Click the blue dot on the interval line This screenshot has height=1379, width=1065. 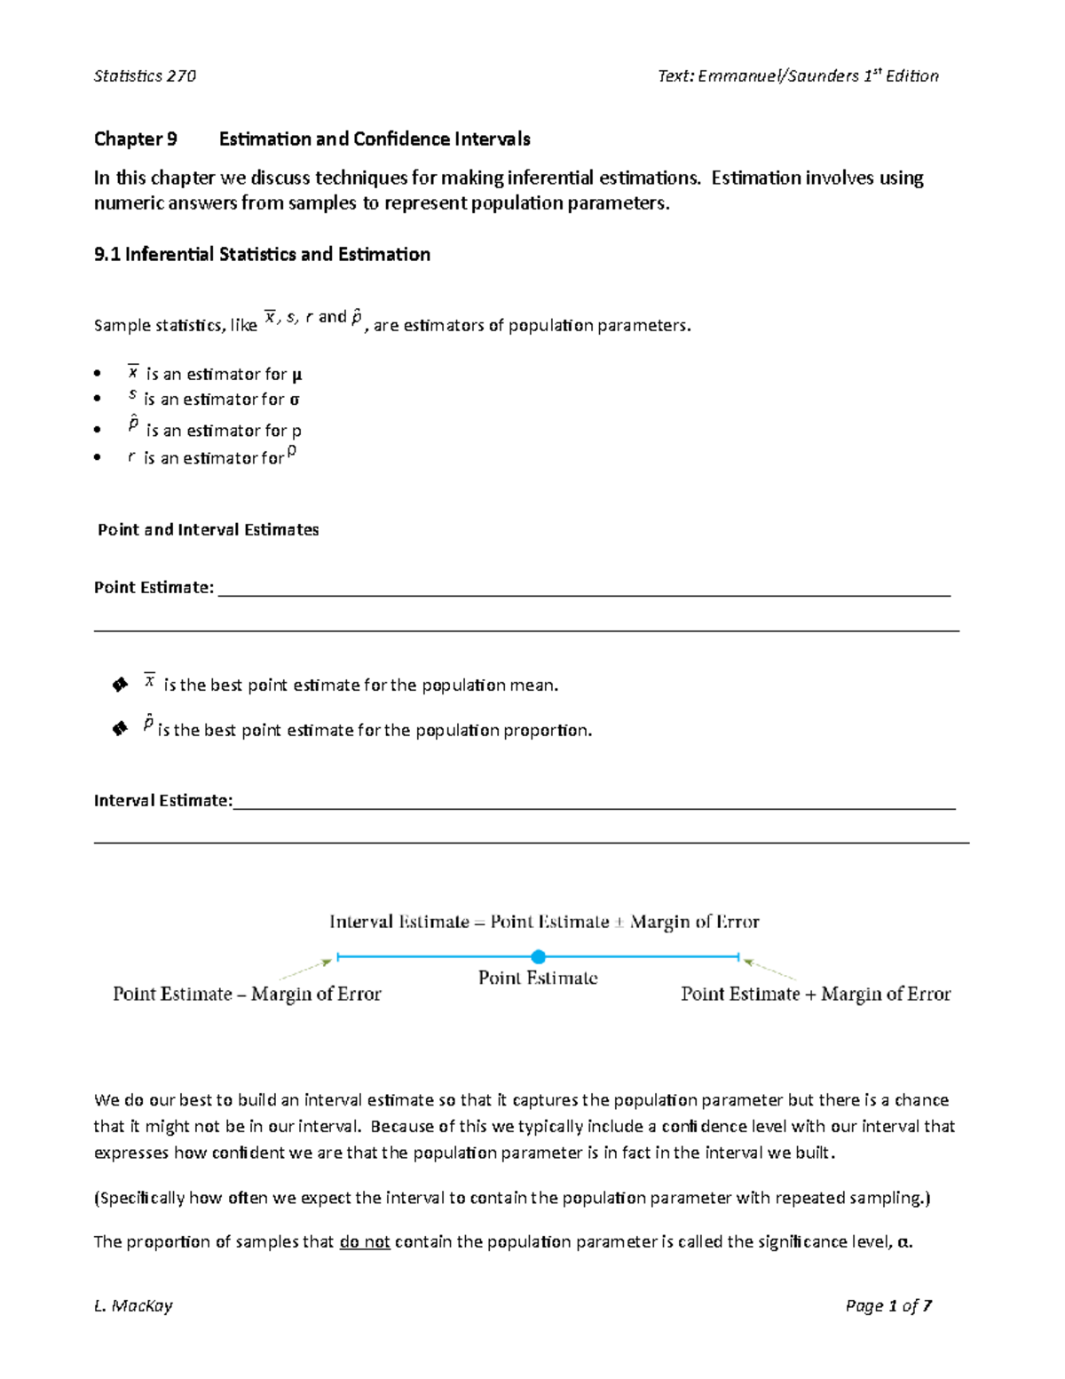(x=538, y=956)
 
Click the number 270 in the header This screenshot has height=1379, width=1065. (x=181, y=76)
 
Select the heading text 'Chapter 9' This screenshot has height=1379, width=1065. (x=136, y=139)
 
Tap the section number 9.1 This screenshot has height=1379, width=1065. (x=106, y=255)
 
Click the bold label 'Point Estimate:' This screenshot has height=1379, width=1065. (x=154, y=588)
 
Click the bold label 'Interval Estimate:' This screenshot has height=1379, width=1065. (x=162, y=801)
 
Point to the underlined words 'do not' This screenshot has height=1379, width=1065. (x=365, y=1242)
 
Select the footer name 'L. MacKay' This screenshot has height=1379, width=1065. (x=133, y=1305)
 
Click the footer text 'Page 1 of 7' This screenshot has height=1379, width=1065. (x=888, y=1305)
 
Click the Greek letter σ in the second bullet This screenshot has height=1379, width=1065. (x=295, y=400)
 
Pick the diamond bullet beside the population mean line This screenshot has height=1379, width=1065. (x=120, y=685)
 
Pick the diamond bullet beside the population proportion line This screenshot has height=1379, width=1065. (x=120, y=729)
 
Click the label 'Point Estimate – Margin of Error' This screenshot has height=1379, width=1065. (x=247, y=995)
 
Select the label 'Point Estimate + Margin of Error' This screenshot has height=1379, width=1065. (x=816, y=995)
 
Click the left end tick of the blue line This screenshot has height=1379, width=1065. (x=338, y=957)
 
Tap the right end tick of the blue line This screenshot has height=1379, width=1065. (x=738, y=957)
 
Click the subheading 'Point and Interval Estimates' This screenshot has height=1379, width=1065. (x=208, y=530)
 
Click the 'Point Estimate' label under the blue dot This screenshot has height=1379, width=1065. (x=538, y=979)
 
